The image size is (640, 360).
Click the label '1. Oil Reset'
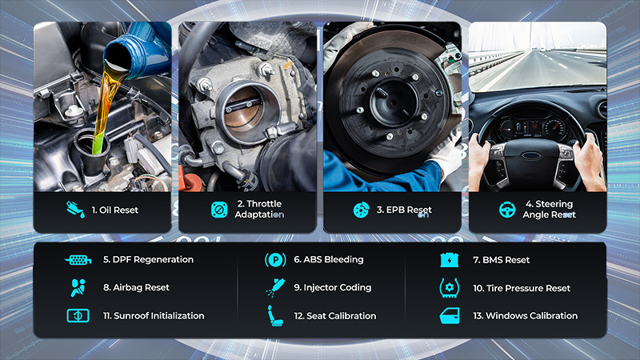[x=114, y=210]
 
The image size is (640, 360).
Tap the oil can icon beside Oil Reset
[x=75, y=210]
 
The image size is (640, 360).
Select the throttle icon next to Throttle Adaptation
[x=219, y=210]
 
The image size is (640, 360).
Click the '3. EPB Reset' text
[x=404, y=210]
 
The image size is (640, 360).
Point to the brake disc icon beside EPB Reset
[x=362, y=210]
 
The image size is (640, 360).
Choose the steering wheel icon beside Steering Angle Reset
[x=507, y=210]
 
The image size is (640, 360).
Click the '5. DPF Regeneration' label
[x=148, y=259]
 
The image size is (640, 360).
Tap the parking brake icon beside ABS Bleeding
[x=275, y=260]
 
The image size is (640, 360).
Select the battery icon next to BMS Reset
[x=450, y=260]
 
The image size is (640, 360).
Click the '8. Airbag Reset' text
[x=136, y=287]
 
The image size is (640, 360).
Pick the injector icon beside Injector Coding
[x=275, y=287]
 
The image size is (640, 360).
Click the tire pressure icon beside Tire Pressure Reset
[x=450, y=288]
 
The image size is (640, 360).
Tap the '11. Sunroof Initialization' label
[x=154, y=315]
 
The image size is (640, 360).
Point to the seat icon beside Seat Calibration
[x=275, y=315]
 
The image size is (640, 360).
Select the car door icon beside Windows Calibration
[x=450, y=316]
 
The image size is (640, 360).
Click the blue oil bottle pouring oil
[x=138, y=50]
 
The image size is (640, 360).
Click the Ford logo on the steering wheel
[x=531, y=155]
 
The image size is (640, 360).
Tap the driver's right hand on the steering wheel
[x=589, y=161]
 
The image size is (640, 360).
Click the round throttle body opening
[x=244, y=113]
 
